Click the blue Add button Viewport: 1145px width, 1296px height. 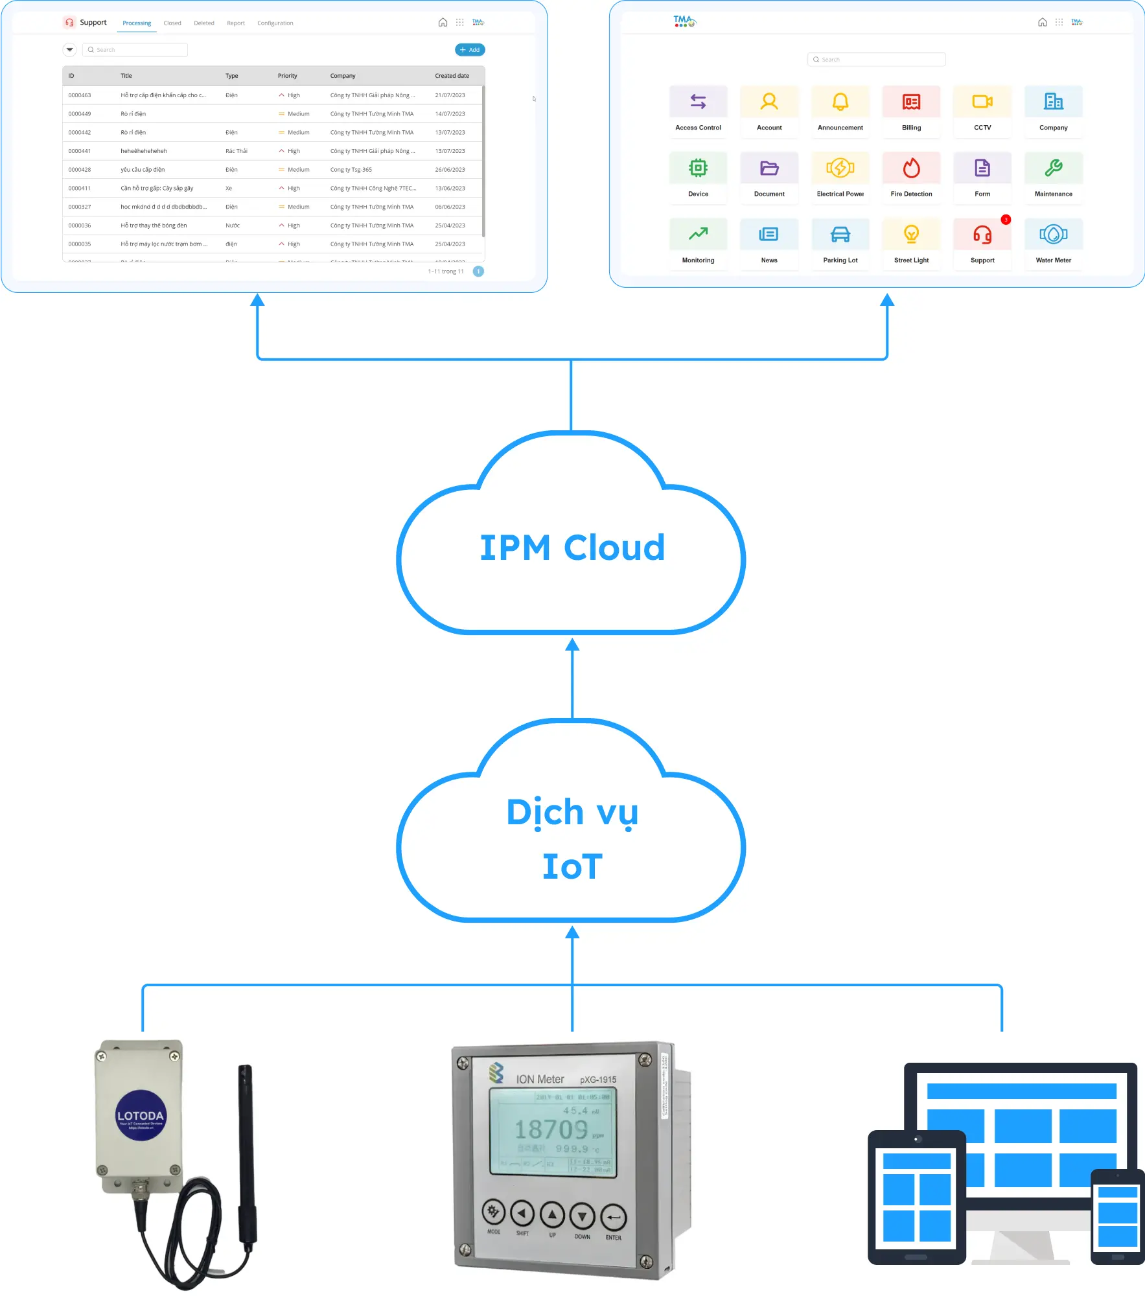pyautogui.click(x=470, y=50)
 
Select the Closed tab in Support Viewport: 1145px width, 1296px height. pyautogui.click(x=172, y=23)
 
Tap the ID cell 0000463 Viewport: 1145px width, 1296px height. pyautogui.click(x=80, y=95)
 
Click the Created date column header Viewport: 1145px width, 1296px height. pyautogui.click(x=452, y=76)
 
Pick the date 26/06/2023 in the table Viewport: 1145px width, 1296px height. pyautogui.click(x=450, y=170)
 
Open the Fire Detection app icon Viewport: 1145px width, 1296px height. pyautogui.click(x=911, y=168)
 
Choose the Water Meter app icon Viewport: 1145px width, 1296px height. pyautogui.click(x=1053, y=235)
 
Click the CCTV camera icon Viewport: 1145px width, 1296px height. pyautogui.click(x=982, y=102)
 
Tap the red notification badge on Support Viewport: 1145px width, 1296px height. pyautogui.click(x=1006, y=220)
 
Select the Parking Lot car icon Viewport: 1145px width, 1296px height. pyautogui.click(x=840, y=235)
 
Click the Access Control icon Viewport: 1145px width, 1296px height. pyautogui.click(x=698, y=102)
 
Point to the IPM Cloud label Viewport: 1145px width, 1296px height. pyautogui.click(x=572, y=548)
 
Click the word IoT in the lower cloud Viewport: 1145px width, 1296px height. pyautogui.click(x=572, y=866)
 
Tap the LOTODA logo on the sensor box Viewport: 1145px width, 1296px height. pyautogui.click(x=141, y=1115)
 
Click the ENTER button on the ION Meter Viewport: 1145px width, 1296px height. pyautogui.click(x=613, y=1218)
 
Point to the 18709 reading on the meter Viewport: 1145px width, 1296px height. pyautogui.click(x=551, y=1130)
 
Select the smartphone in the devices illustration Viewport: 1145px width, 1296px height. pyautogui.click(x=1117, y=1216)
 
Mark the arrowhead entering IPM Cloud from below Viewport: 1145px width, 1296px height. pyautogui.click(x=572, y=645)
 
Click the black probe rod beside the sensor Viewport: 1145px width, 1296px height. pyautogui.click(x=246, y=1153)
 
